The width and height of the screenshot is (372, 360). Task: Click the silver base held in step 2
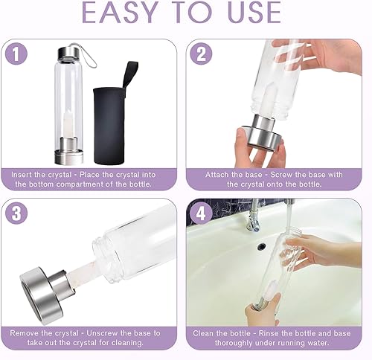(260, 141)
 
